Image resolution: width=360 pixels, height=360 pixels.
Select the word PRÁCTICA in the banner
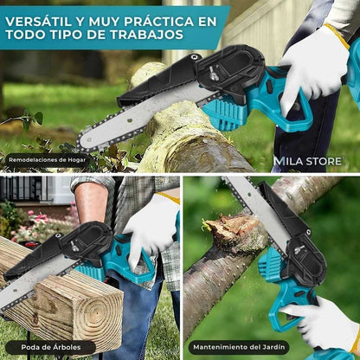pos(157,22)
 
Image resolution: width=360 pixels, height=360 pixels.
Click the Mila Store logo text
pos(307,161)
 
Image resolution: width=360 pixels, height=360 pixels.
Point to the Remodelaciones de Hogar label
pos(48,159)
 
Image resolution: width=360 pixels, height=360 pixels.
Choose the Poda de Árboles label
pos(51,347)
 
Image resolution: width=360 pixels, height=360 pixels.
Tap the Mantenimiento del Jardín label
pos(239,347)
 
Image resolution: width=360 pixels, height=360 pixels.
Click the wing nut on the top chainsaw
pos(213,70)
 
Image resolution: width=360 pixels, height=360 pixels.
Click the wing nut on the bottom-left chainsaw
pos(74,246)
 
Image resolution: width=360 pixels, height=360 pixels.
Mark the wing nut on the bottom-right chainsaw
pos(299,249)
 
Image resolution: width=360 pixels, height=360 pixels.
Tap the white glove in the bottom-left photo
pos(151,227)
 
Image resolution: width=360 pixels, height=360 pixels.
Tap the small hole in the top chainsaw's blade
pos(131,119)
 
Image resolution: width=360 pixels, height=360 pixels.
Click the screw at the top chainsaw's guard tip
pos(196,57)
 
